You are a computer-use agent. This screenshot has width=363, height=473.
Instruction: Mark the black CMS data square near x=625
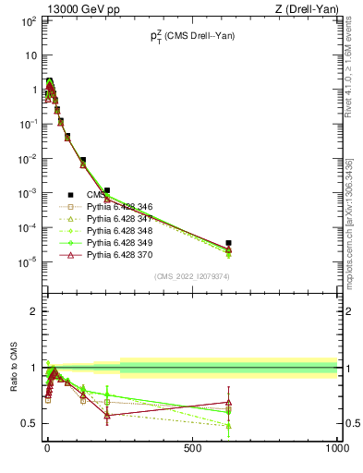[228, 243]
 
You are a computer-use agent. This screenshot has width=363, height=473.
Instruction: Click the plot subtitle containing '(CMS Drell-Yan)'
[191, 36]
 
